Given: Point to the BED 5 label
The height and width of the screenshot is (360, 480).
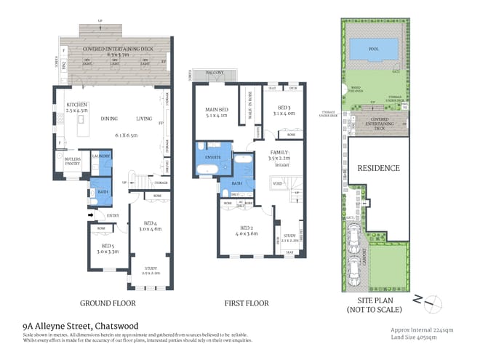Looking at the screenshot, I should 108,246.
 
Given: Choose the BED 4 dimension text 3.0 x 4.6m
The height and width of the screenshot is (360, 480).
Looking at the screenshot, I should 151,229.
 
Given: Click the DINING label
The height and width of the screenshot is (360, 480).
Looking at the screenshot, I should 110,119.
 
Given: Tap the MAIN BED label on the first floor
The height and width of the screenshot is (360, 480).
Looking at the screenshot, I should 217,109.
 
